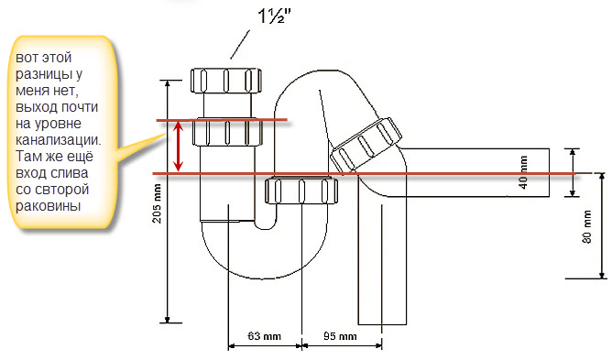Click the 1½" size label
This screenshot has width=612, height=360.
(274, 16)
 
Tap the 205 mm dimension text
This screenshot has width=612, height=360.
(157, 203)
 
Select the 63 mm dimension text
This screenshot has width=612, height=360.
(264, 336)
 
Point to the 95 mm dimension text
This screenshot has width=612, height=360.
(340, 336)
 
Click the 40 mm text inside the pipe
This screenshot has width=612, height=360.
(523, 172)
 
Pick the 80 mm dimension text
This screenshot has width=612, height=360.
(586, 227)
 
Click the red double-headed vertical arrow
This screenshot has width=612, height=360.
(179, 146)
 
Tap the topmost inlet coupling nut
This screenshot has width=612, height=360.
(226, 81)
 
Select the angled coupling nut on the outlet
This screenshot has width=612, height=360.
(366, 145)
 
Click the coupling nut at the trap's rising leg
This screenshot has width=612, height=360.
(301, 191)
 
